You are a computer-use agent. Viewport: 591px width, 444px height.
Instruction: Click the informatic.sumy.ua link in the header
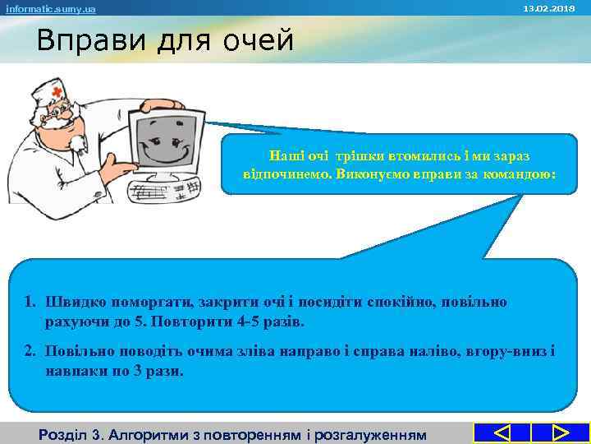coord(50,8)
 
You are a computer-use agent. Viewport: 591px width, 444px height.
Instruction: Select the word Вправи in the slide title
coord(80,40)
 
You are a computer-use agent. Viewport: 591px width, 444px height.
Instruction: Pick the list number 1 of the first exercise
coord(29,302)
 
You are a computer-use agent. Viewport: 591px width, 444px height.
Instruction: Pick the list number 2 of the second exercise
coord(29,352)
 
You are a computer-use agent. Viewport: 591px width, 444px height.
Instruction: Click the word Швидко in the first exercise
coord(71,302)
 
